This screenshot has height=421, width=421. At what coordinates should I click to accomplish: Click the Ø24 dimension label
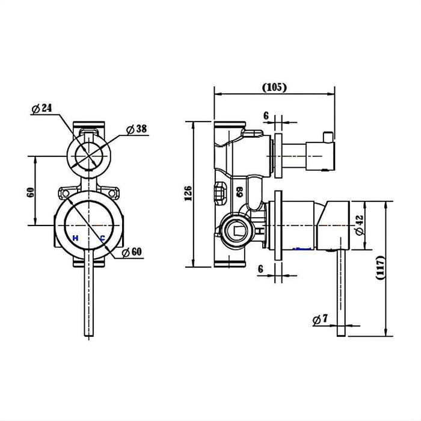(41, 108)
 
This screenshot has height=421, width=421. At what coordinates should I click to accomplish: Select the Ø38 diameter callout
(137, 129)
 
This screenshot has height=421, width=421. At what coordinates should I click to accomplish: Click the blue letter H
(75, 238)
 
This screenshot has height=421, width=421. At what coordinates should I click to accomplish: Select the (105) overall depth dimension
(274, 87)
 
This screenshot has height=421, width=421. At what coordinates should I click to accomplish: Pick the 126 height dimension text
(188, 192)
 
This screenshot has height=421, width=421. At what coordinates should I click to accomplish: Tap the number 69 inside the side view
(239, 192)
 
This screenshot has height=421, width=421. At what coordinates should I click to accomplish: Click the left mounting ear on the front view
(63, 193)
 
